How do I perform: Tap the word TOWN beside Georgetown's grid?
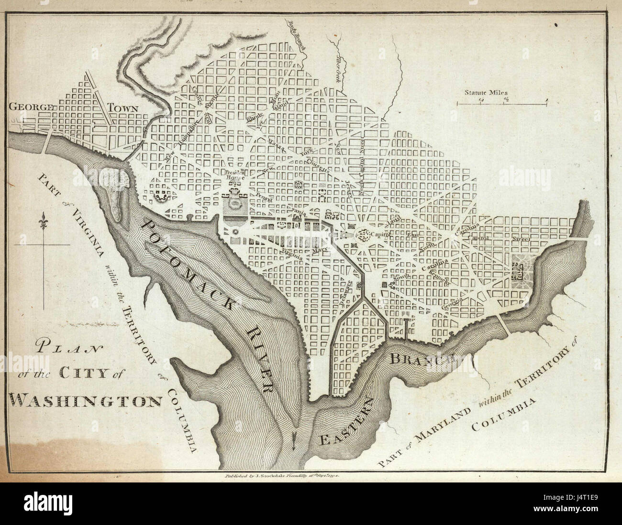pyautogui.click(x=122, y=108)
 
